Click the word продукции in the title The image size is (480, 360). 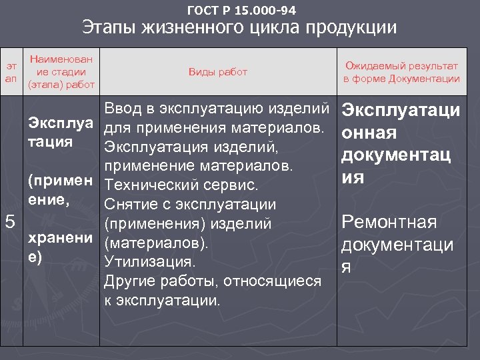353,28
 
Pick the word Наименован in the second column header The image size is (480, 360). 61,59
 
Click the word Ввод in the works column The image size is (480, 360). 125,107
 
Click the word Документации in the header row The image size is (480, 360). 423,79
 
